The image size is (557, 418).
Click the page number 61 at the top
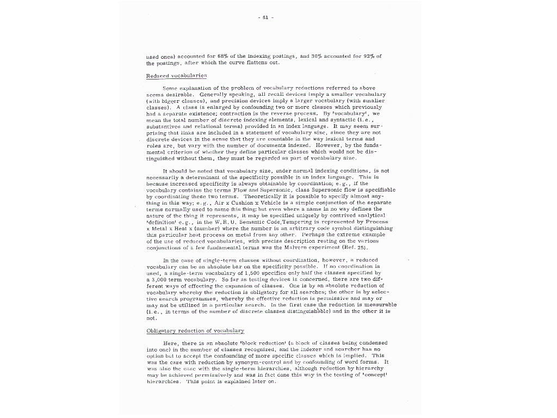265,17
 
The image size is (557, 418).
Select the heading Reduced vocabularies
176,75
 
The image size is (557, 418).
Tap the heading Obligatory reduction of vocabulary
195,330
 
